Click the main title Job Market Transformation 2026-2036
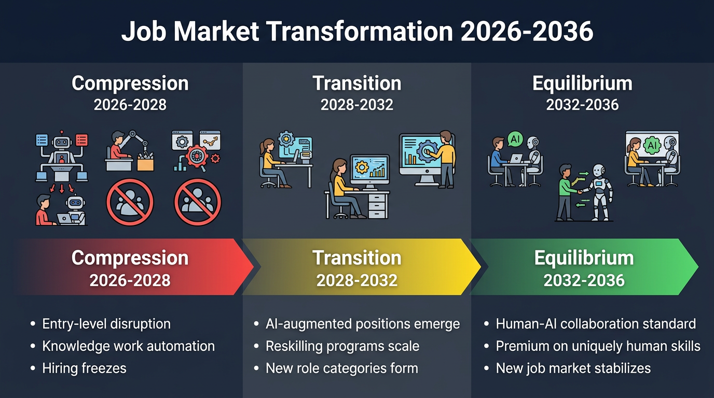pyautogui.click(x=357, y=32)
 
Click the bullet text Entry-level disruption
pyautogui.click(x=106, y=324)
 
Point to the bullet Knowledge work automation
pyautogui.click(x=128, y=346)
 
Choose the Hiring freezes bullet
pyautogui.click(x=84, y=368)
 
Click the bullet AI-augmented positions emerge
pyautogui.click(x=362, y=324)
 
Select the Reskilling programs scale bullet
pyautogui.click(x=342, y=346)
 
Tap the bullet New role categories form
pyautogui.click(x=341, y=368)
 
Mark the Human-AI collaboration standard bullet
pyautogui.click(x=596, y=324)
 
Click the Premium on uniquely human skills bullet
pyautogui.click(x=598, y=346)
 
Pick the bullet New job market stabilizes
pyautogui.click(x=573, y=368)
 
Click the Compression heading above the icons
pyautogui.click(x=130, y=83)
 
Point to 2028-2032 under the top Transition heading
pyautogui.click(x=357, y=105)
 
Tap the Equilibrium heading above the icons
pyautogui.click(x=582, y=83)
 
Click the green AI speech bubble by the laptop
pyautogui.click(x=515, y=139)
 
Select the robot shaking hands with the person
pyautogui.click(x=599, y=191)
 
